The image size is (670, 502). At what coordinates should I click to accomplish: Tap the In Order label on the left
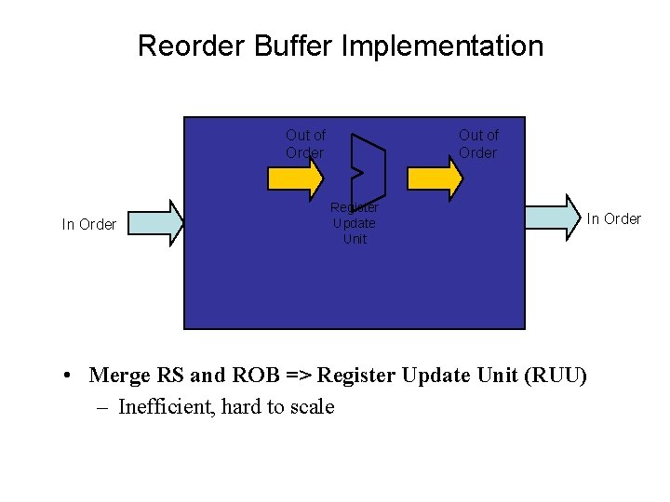[x=89, y=224]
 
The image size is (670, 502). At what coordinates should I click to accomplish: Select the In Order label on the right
[x=613, y=218]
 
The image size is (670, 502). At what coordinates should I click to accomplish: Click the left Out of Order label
[x=305, y=144]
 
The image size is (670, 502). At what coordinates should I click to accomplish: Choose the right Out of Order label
[x=478, y=144]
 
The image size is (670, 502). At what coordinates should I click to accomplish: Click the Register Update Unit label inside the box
[x=355, y=223]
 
